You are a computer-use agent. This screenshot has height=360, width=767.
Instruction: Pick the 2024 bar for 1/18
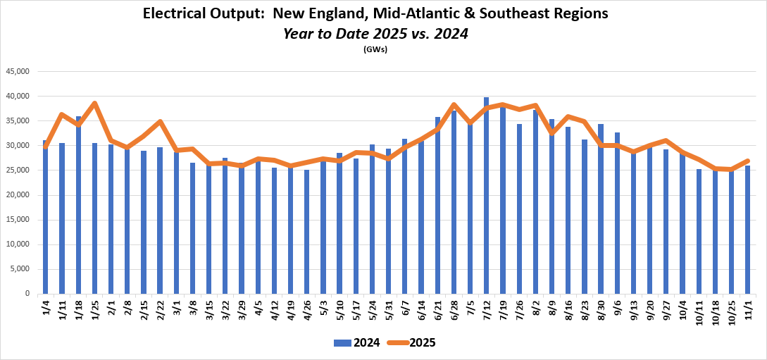point(78,205)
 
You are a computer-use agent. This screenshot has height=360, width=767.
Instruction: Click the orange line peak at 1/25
point(95,104)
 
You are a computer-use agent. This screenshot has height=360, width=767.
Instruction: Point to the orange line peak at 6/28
point(454,105)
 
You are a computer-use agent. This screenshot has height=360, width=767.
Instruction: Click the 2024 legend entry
point(357,343)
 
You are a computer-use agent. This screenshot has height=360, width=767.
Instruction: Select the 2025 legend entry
point(412,343)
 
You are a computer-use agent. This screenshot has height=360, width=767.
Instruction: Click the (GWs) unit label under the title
point(375,49)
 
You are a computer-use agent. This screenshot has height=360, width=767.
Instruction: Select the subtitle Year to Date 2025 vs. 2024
point(375,32)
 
